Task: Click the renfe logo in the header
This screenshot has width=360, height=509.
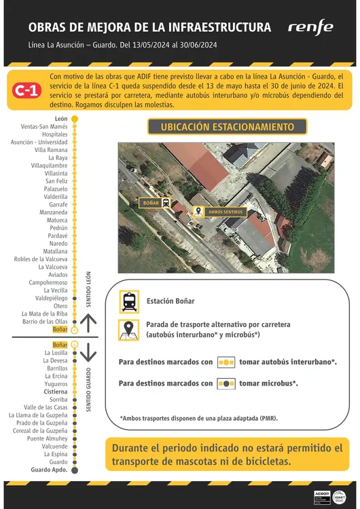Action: pos(310,27)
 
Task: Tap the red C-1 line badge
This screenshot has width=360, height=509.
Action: pos(27,91)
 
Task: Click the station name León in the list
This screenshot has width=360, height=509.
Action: pos(61,119)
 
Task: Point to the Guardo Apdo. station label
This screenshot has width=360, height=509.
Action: pos(50,470)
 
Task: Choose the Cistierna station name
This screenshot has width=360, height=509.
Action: pos(56,392)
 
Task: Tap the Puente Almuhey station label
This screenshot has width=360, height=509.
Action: pos(48,438)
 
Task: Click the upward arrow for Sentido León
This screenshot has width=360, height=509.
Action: pos(89,320)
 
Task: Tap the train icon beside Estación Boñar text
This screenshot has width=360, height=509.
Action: pos(129,301)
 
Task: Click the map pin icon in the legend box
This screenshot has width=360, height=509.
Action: pos(129,331)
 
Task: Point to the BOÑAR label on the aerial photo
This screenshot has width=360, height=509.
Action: pos(150,202)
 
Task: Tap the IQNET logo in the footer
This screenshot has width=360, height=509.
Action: pos(341,496)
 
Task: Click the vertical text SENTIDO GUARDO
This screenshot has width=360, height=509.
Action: pos(89,390)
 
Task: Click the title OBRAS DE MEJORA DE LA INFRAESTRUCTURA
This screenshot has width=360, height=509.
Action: pos(149,27)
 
